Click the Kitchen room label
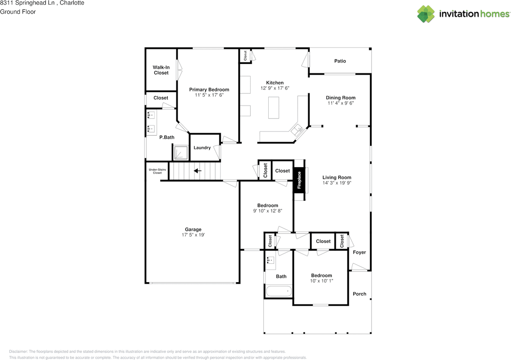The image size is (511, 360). click(x=275, y=83)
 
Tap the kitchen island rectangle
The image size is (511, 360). click(x=273, y=108)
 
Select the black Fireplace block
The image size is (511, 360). click(x=299, y=180)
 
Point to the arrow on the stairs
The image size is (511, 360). click(x=198, y=171)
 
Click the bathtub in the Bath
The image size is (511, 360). click(x=279, y=291)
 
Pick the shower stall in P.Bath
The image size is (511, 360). click(x=181, y=152)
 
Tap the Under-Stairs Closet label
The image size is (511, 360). click(x=157, y=171)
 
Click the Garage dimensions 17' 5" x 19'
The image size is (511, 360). click(x=193, y=235)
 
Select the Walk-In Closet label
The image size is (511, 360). click(x=161, y=70)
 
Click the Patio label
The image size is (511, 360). click(x=340, y=61)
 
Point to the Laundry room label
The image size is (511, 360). click(x=202, y=148)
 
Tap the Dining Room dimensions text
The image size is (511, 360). click(x=341, y=103)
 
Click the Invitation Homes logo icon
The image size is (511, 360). click(x=426, y=14)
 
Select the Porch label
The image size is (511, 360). click(x=359, y=294)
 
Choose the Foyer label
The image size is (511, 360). click(x=359, y=252)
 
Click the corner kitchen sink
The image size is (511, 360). click(x=297, y=130)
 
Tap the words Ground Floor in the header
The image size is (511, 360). click(x=18, y=12)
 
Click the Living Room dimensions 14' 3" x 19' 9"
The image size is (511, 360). click(x=337, y=183)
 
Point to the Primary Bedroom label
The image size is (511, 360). click(x=209, y=90)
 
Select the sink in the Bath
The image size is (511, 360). click(x=270, y=260)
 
